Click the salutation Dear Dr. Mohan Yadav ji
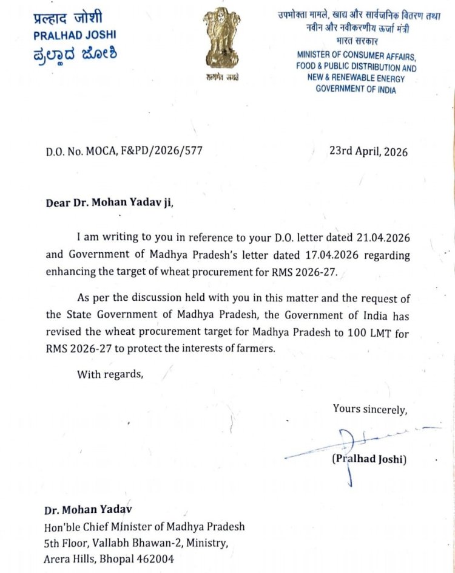coord(109,203)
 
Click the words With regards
coord(110,374)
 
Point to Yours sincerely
coord(369,409)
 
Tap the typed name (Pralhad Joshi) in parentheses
coord(369,459)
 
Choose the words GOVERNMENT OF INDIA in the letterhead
coord(356,89)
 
